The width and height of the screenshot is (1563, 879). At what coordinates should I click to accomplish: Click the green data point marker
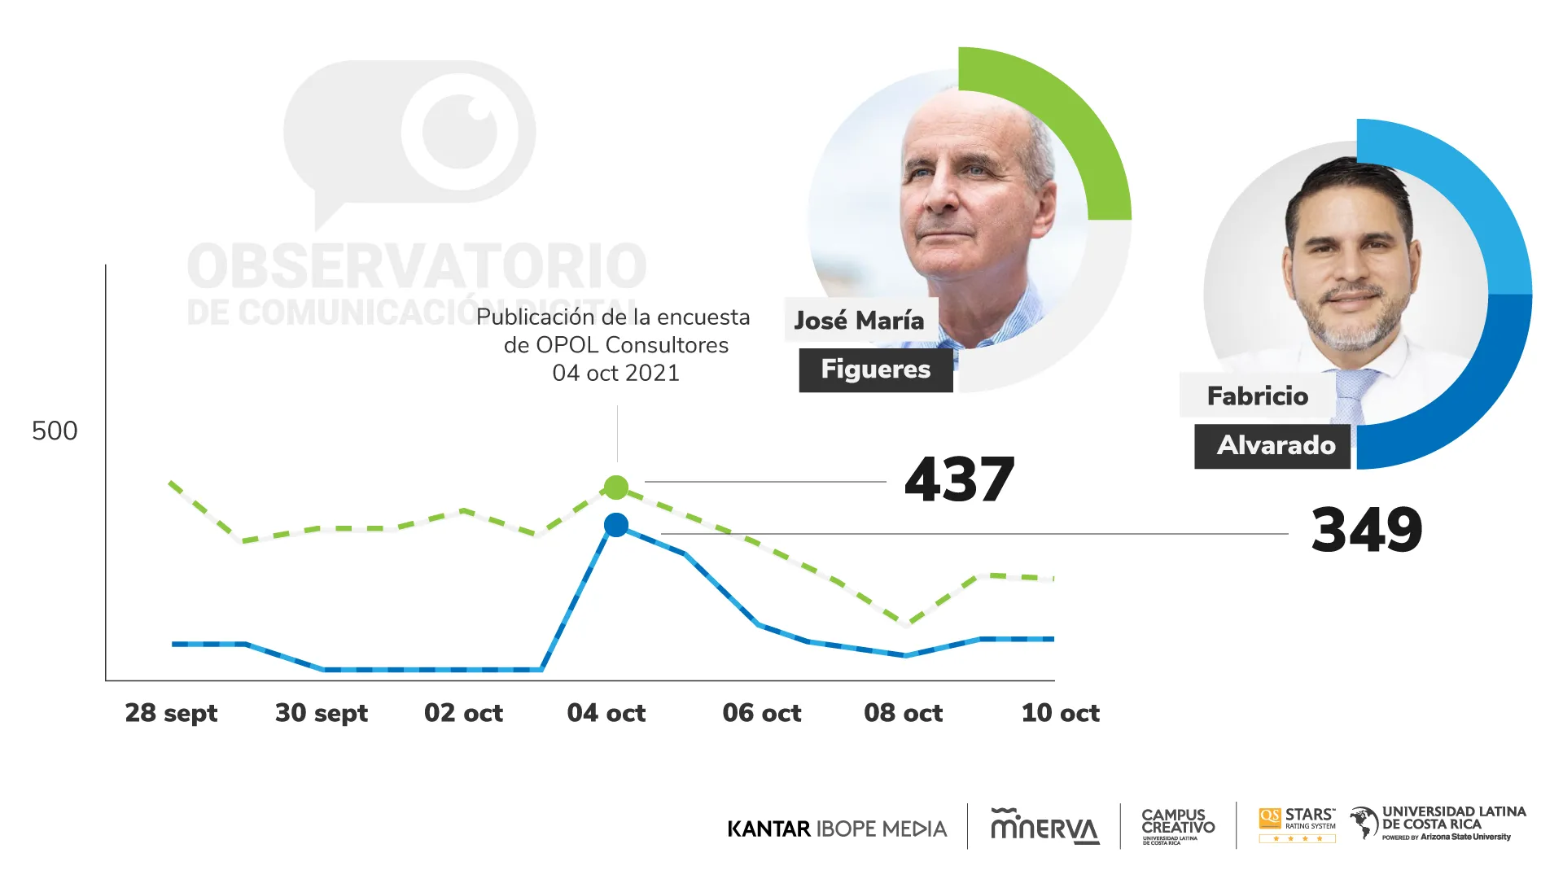pos(616,488)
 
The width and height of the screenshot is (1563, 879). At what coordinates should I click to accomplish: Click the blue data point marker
pos(616,525)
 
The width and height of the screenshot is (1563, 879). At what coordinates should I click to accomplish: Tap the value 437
pos(959,479)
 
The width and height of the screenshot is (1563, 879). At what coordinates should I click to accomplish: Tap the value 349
pos(1367,530)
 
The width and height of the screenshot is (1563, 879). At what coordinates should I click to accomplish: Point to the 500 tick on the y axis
pos(55,431)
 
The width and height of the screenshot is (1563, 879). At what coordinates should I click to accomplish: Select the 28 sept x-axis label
pos(171,713)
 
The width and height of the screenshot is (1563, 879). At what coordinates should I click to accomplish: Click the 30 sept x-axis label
pos(322,713)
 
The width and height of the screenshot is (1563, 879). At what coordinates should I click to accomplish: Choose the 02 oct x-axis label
pos(463,713)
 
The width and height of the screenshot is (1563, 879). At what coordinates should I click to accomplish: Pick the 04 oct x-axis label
pos(606,713)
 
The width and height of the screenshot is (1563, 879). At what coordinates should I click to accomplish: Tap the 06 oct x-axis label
pos(762,713)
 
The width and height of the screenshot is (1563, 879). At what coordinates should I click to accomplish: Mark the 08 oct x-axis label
pos(904,713)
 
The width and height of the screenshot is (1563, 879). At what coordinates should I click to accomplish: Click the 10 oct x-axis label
pos(1061,713)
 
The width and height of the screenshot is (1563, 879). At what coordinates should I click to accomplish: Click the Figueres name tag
pos(876,370)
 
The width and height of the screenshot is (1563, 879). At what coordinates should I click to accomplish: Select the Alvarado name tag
pos(1276,445)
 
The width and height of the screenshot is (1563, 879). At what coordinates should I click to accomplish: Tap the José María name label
pos(860,320)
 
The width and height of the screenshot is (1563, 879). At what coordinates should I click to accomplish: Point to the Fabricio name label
pos(1258,396)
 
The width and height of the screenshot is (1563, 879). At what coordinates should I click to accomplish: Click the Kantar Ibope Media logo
pos(837,829)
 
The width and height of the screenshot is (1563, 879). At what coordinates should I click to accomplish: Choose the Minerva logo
pos(1044,826)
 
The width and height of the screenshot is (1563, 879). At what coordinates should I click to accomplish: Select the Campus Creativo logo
pos(1178,826)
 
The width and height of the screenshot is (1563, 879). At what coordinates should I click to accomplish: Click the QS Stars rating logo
pos(1298,824)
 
